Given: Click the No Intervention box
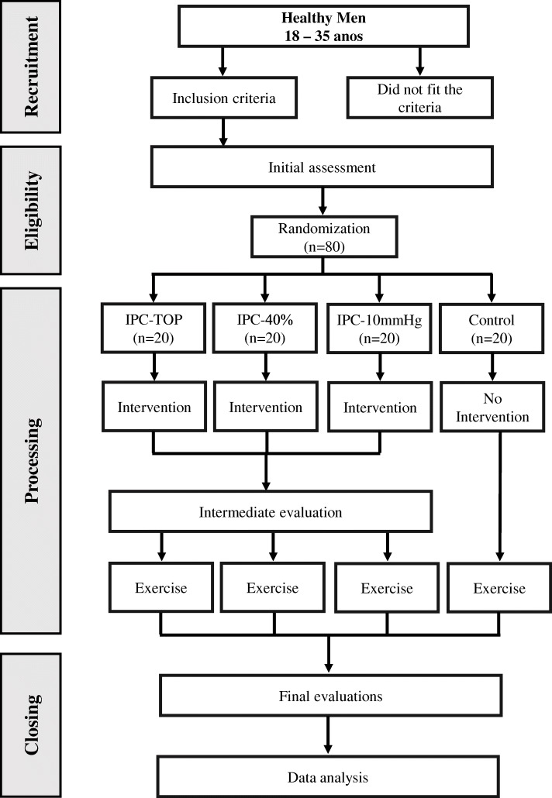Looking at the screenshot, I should [x=497, y=408].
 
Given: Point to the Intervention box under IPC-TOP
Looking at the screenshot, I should [x=153, y=407].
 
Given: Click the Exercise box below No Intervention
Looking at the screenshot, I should [x=497, y=588].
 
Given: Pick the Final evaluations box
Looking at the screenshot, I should [x=330, y=696].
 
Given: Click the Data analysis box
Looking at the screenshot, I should [x=330, y=774].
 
